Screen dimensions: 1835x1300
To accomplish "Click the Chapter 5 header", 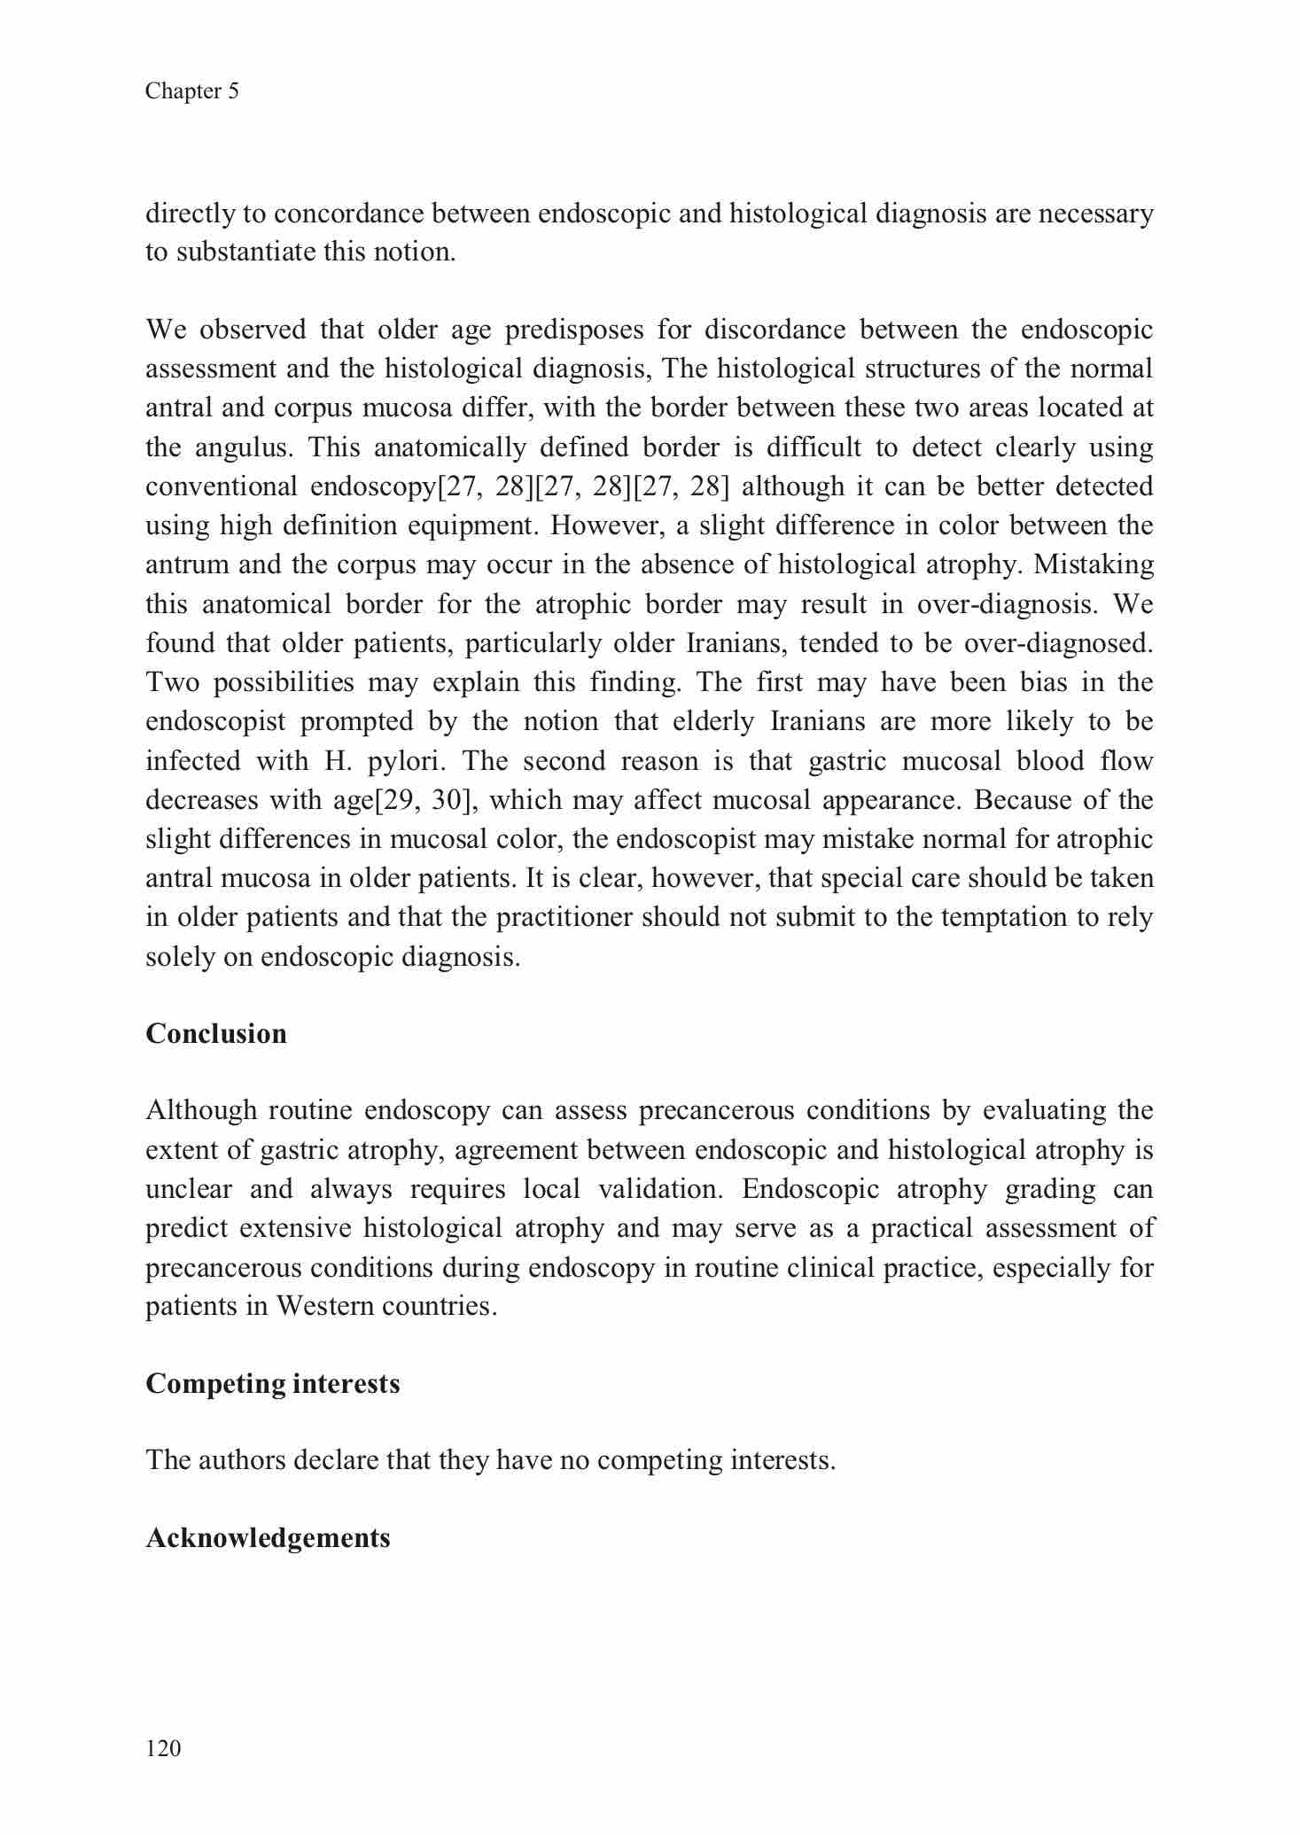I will [192, 91].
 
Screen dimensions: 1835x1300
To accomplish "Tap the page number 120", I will [163, 1747].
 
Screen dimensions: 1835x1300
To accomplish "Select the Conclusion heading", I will [216, 1033].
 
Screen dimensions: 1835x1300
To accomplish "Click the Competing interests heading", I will [272, 1382].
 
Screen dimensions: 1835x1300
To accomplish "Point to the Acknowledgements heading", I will [268, 1536].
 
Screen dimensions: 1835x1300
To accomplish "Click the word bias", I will [1020, 681].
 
